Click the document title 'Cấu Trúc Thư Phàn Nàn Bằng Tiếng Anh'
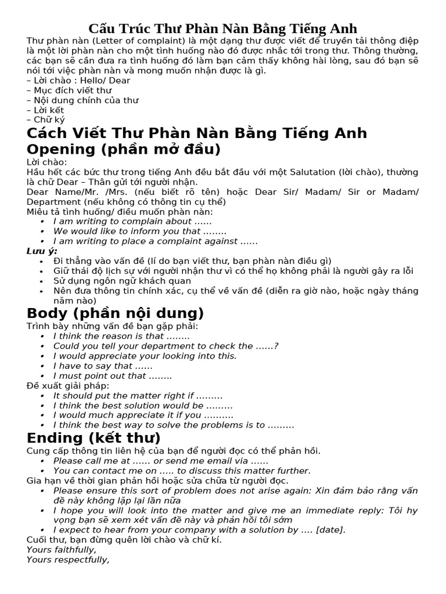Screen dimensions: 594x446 pos(223,28)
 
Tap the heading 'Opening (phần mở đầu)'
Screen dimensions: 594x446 pos(124,149)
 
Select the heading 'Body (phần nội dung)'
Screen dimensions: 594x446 pos(115,314)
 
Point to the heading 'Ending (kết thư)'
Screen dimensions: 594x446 pos(93,438)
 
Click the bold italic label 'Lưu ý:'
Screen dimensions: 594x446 pos(42,251)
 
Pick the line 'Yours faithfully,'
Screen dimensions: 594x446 pos(62,550)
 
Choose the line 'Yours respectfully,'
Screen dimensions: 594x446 pos(68,560)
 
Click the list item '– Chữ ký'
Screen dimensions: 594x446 pos(46,120)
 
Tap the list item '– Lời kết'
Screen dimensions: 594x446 pos(45,110)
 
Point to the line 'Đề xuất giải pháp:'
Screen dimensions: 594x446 pos(68,386)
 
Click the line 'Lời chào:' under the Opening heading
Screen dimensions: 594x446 pos(47,162)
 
